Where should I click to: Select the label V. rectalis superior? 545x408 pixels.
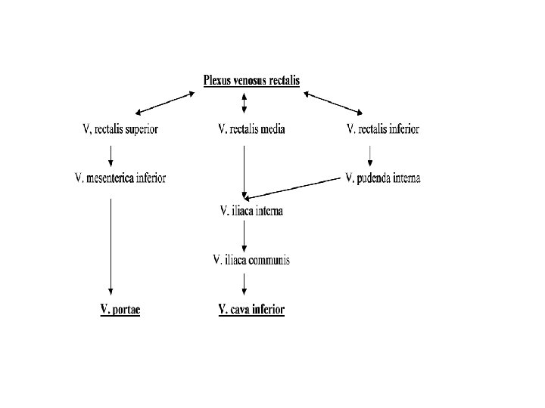[x=120, y=129]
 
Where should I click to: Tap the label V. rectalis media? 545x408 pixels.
[x=251, y=129]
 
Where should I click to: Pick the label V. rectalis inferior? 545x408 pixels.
[x=382, y=129]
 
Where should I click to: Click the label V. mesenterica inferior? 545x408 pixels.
[x=120, y=178]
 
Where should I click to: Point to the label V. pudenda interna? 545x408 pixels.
[x=382, y=178]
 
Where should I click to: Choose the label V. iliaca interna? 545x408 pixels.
[x=251, y=212]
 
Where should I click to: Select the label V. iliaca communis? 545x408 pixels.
[x=251, y=261]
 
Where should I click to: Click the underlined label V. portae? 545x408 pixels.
[x=120, y=309]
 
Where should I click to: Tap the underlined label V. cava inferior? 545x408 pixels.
[x=251, y=309]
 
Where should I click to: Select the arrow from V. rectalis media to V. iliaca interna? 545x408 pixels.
[x=244, y=171]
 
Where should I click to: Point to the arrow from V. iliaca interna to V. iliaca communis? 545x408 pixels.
[x=244, y=236]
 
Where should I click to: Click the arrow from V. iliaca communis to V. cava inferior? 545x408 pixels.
[x=244, y=284]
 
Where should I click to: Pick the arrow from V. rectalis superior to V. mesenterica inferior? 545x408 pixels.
[x=112, y=154]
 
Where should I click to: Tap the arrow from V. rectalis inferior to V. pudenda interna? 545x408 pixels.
[x=370, y=154]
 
